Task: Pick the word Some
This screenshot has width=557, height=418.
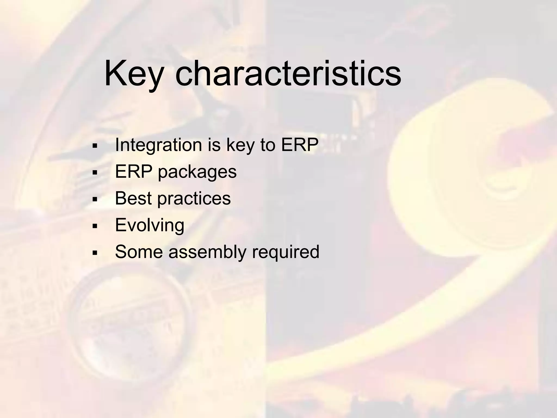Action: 139,252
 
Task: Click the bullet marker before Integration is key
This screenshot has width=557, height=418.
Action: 95,146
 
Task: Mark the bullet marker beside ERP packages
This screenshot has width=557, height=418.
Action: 95,173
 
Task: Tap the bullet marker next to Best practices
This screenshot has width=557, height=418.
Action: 95,199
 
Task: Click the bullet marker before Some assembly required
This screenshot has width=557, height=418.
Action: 95,253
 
